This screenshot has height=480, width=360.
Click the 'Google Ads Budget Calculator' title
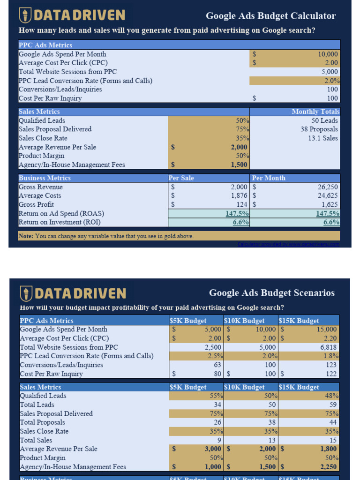271,16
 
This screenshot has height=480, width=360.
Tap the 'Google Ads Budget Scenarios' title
272,293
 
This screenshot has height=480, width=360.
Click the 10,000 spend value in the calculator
328,54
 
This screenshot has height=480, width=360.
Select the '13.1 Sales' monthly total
323,138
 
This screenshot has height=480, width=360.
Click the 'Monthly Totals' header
315,112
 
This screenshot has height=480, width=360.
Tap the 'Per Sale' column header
181,178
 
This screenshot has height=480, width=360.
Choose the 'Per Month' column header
269,178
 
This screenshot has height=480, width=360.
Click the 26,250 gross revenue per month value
328,187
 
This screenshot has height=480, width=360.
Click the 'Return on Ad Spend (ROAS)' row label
61,214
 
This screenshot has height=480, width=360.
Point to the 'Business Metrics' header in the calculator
45,178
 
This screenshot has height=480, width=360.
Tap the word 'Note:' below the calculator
26,236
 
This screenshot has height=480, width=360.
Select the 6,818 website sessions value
329,347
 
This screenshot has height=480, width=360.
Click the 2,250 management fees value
328,467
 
